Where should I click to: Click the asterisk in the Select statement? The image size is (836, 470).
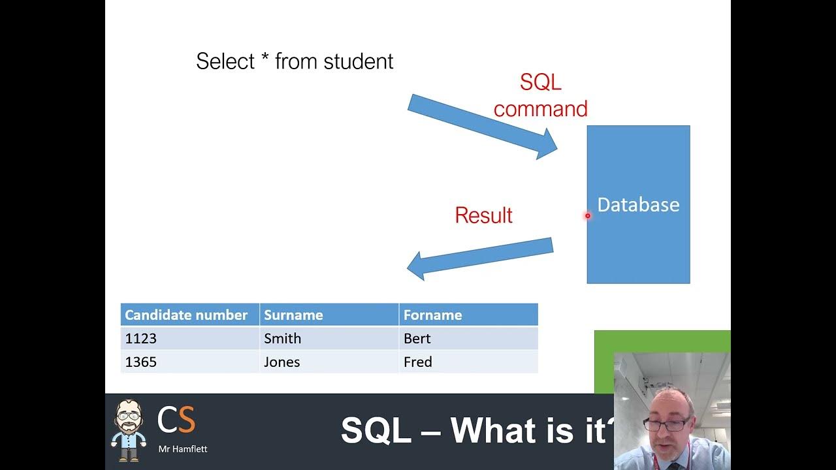(265, 60)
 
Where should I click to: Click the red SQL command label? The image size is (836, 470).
(540, 95)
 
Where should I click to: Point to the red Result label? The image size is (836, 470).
(483, 215)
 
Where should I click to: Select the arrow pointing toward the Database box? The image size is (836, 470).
(482, 126)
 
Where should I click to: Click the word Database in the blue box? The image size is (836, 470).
(638, 205)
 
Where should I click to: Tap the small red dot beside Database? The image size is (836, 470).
(588, 215)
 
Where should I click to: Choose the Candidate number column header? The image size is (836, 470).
(186, 315)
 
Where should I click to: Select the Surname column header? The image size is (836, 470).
(293, 315)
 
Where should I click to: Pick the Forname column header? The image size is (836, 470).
(432, 315)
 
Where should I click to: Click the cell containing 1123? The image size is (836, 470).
(140, 338)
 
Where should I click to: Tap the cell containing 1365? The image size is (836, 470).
(140, 362)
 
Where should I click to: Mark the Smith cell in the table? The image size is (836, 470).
(282, 338)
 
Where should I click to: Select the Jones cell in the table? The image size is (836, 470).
(281, 362)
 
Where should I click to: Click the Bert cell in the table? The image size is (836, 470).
(417, 338)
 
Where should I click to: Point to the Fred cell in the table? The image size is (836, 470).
(417, 362)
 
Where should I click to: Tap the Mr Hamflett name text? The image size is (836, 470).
(182, 448)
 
